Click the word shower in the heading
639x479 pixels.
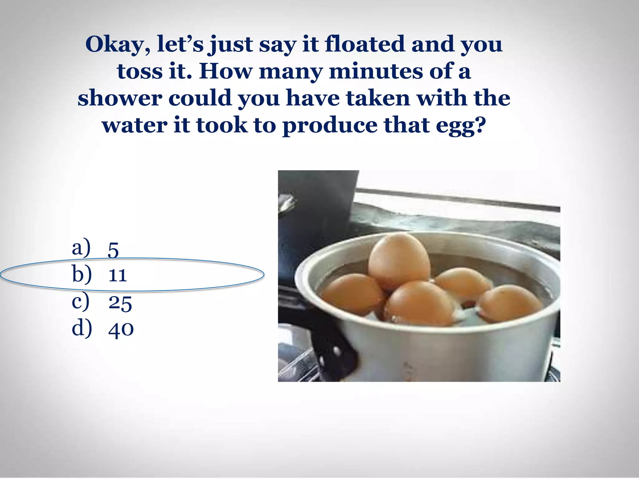click(120, 98)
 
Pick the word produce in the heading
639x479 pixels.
click(330, 125)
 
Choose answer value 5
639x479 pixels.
click(113, 250)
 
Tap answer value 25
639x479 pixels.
click(120, 302)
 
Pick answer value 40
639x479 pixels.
click(121, 329)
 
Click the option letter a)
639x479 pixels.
click(81, 248)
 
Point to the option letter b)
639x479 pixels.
click(82, 274)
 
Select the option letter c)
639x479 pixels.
click(81, 302)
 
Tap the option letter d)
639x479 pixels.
click(82, 328)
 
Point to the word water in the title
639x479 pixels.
click(135, 125)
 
